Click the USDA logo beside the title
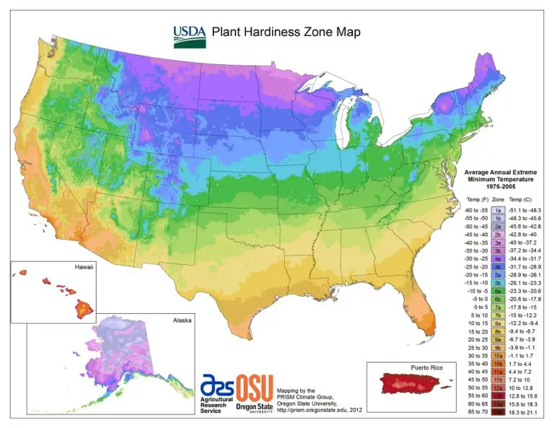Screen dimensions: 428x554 pos(189,33)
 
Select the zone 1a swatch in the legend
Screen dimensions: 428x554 pos(498,209)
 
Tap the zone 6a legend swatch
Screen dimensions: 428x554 pos(498,290)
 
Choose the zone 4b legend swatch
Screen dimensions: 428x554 pos(498,266)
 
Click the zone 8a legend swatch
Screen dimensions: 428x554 pos(498,323)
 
